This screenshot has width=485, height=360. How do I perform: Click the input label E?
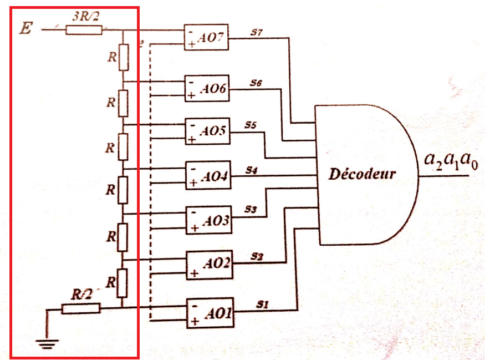[25, 27]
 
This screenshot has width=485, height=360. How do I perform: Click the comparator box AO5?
[207, 132]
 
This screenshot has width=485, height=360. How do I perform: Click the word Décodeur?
[363, 174]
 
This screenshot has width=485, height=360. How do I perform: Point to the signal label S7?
[256, 33]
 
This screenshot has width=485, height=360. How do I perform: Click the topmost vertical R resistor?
[123, 57]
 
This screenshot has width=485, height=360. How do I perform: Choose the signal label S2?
[256, 256]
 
